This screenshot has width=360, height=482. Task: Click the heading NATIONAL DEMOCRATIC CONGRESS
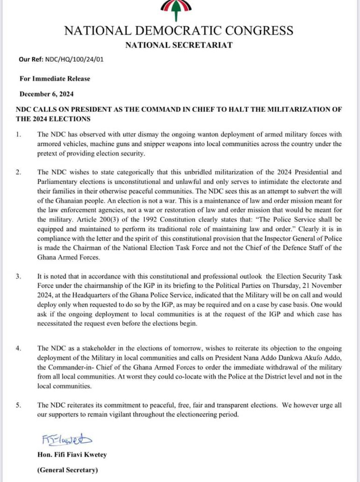pyautogui.click(x=179, y=31)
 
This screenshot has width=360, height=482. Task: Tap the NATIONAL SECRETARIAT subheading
pyautogui.click(x=179, y=45)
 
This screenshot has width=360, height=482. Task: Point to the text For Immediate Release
pyautogui.click(x=55, y=78)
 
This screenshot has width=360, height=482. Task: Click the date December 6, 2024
pyautogui.click(x=47, y=93)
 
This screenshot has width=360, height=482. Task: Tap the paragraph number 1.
pyautogui.click(x=18, y=135)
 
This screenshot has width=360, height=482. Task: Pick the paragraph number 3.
pyautogui.click(x=18, y=276)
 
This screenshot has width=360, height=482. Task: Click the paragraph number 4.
pyautogui.click(x=18, y=348)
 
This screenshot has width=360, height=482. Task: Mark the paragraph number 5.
pyautogui.click(x=18, y=405)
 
